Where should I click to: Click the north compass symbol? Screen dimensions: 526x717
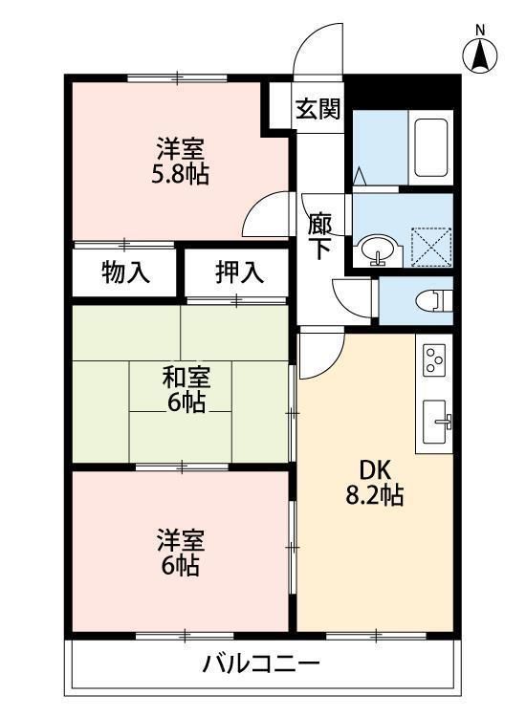[480, 55]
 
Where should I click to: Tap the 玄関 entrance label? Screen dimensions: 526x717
[318, 109]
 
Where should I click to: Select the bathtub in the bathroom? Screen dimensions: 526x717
[430, 148]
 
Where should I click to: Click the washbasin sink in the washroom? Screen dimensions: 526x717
[377, 250]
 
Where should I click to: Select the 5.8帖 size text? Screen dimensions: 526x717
[180, 174]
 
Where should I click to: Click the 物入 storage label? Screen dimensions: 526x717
[125, 273]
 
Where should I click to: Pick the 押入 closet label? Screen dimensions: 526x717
[238, 272]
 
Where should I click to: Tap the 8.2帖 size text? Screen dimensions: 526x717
[374, 495]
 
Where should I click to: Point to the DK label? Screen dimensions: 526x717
[375, 469]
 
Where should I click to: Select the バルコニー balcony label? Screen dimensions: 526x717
[261, 663]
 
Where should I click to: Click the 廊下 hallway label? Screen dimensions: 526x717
[319, 236]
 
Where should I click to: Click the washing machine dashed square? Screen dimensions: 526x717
[431, 247]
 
